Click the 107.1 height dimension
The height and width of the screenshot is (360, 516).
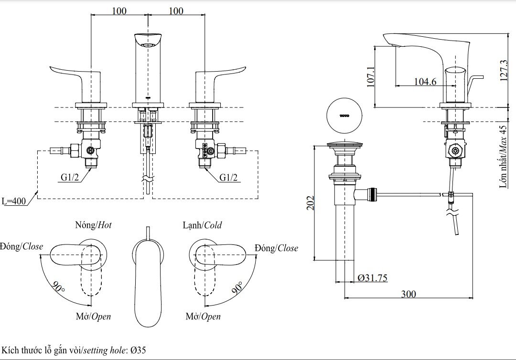tap(371, 76)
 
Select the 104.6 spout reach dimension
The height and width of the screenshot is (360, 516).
tap(425, 81)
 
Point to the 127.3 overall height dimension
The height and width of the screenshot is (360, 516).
tap(504, 71)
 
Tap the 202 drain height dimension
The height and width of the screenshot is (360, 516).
tap(311, 202)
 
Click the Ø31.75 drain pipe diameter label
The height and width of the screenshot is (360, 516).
tap(372, 278)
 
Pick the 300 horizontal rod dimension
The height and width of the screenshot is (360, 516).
tap(408, 294)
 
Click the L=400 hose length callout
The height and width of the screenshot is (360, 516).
tap(14, 201)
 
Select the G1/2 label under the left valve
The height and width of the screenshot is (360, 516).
tap(70, 178)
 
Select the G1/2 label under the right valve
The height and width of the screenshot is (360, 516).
tap(228, 178)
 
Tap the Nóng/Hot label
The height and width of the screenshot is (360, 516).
tap(94, 225)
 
